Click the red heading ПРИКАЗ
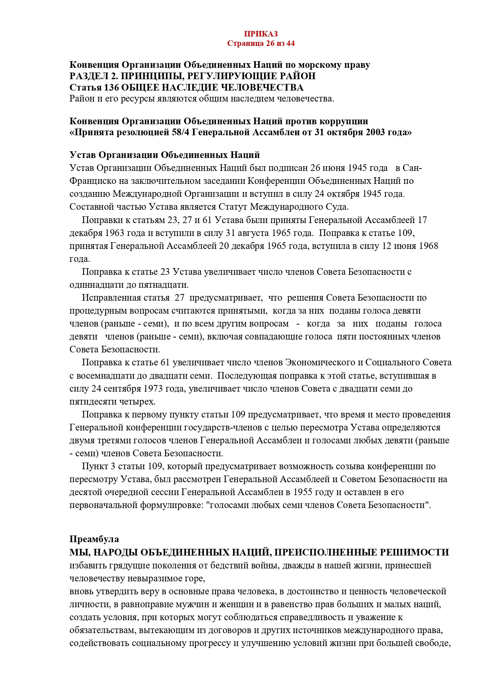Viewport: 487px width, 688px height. [x=261, y=34]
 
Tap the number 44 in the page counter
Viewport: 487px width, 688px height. [x=290, y=43]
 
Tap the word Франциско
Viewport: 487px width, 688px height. [x=90, y=181]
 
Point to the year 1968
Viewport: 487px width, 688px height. [x=429, y=246]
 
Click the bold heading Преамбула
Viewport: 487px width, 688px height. [x=94, y=539]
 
